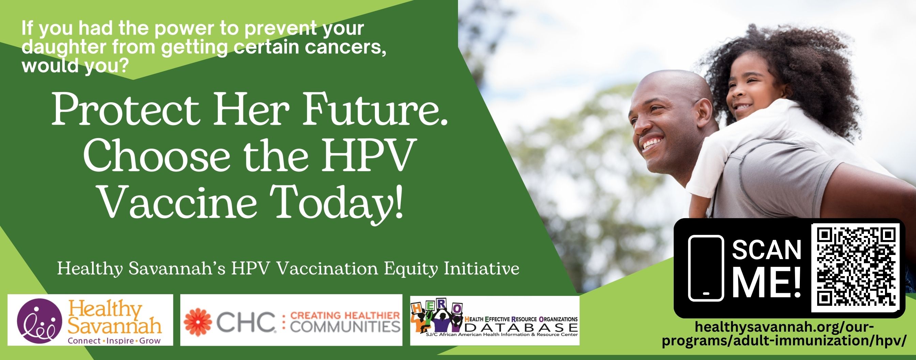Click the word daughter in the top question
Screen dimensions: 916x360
(x=64, y=47)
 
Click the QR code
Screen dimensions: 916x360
(x=857, y=267)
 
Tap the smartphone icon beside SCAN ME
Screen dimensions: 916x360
(x=706, y=268)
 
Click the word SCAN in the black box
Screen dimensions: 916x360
(x=766, y=250)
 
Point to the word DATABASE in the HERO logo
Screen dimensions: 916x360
(x=521, y=327)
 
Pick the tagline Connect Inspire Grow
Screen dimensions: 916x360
(x=114, y=341)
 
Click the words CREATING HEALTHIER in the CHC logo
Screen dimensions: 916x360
(x=345, y=316)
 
